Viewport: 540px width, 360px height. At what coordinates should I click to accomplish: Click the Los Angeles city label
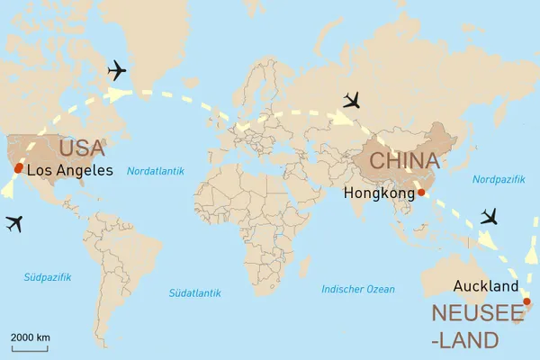(x=70, y=170)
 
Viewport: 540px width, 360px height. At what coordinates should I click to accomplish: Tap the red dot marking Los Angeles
(x=19, y=168)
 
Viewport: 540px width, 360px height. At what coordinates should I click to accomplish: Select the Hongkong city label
(x=378, y=193)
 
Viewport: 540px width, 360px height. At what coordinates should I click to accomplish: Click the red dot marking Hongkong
(x=421, y=192)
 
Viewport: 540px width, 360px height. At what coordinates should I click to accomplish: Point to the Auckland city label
(x=486, y=286)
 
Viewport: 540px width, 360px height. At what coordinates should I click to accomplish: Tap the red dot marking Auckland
(x=526, y=301)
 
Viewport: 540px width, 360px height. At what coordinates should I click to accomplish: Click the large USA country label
(x=82, y=148)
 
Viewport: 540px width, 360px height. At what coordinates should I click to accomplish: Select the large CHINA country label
(x=405, y=161)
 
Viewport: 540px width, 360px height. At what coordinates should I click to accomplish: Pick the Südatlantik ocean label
(x=194, y=293)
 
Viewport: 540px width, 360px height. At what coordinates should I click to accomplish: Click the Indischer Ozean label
(x=358, y=289)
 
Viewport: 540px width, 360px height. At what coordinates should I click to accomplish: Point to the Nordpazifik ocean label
(x=498, y=180)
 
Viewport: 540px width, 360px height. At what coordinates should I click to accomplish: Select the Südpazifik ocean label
(x=47, y=277)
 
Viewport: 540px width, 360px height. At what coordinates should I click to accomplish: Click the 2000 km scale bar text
(x=31, y=337)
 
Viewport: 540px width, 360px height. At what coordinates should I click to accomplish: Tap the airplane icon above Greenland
(x=117, y=69)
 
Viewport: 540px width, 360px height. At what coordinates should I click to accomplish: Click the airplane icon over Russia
(x=356, y=99)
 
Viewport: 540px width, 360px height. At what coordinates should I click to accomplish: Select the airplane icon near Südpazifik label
(x=13, y=223)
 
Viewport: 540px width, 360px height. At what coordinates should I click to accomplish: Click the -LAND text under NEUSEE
(x=464, y=340)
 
